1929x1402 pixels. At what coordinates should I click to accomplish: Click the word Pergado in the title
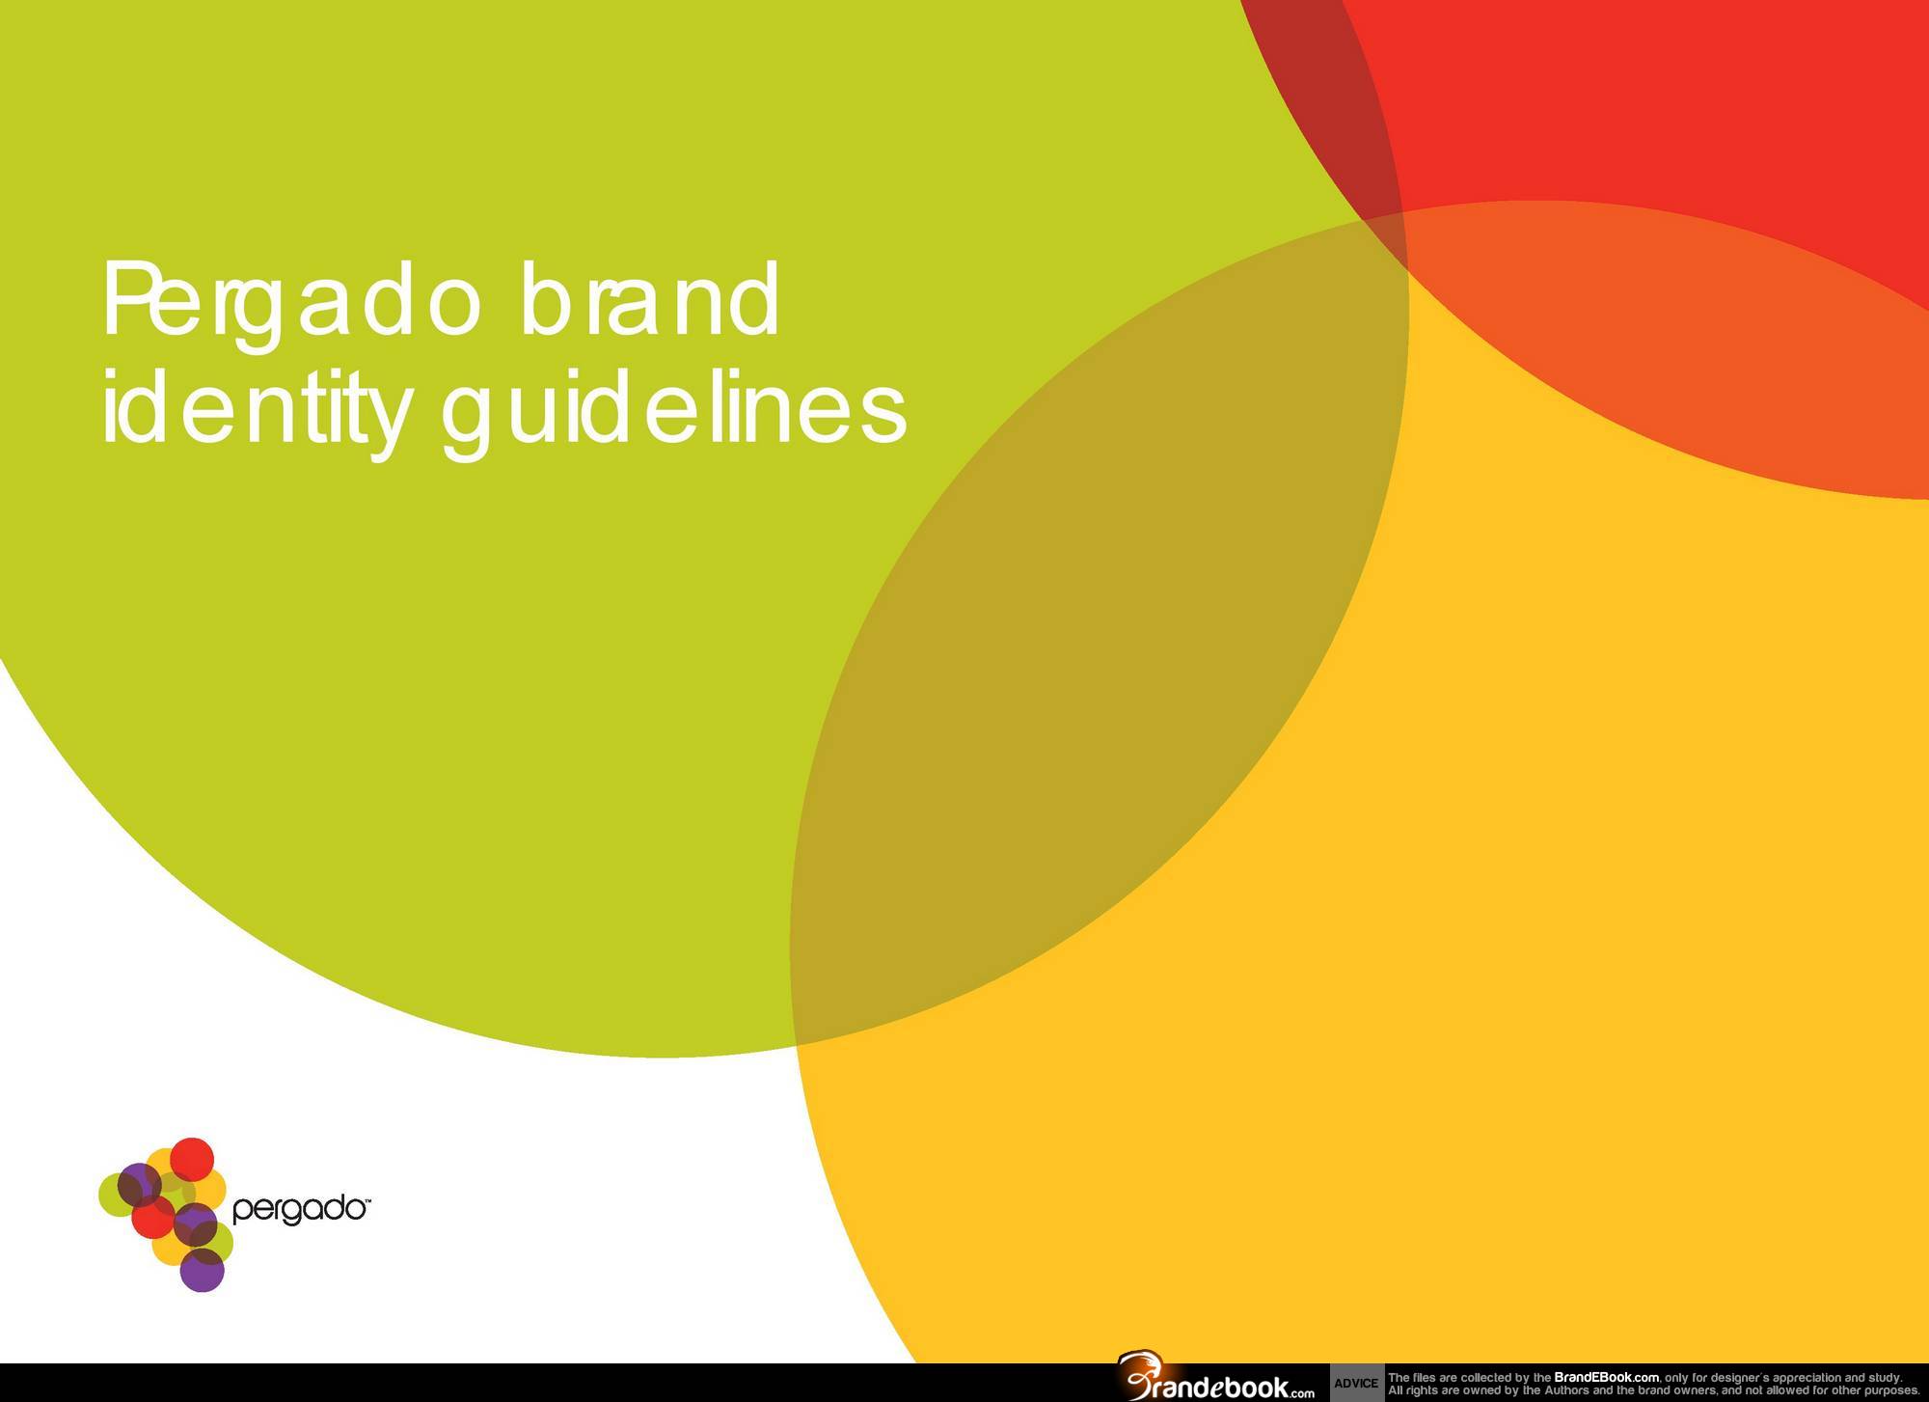(289, 301)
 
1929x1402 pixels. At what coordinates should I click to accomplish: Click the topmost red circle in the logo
(192, 1159)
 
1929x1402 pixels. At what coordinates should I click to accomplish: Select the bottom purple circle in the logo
(203, 1270)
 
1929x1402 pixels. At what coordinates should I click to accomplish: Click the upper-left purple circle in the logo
(139, 1184)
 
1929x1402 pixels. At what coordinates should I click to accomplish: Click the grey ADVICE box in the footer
(1355, 1383)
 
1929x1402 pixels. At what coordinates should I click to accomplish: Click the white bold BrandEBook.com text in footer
(1606, 1377)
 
